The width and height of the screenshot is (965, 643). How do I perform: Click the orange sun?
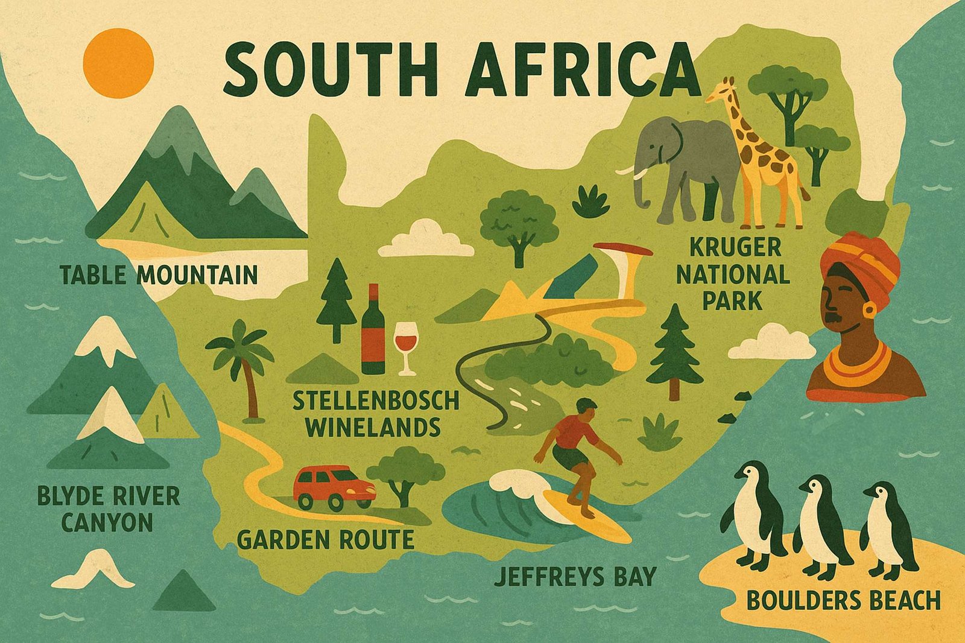point(118,63)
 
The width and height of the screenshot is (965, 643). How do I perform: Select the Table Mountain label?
point(159,275)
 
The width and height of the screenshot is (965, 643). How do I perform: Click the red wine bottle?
point(373,332)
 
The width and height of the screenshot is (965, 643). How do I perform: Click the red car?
point(334,487)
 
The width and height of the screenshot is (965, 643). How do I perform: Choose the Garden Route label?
point(325,539)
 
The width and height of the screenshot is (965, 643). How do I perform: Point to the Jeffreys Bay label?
point(574,576)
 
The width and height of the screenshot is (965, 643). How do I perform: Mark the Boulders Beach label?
point(843,601)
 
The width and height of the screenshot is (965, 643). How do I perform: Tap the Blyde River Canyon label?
point(109,509)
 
